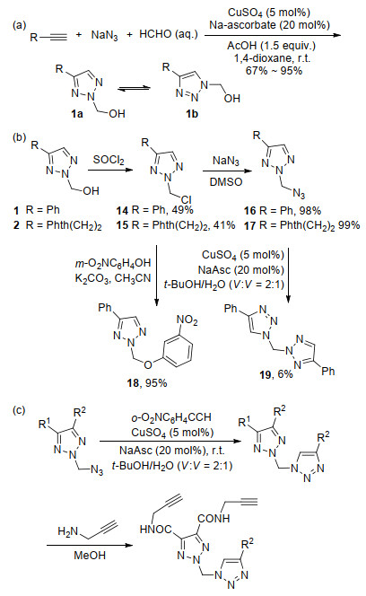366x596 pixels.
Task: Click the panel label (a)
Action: click(20, 25)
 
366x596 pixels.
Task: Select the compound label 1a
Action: click(77, 114)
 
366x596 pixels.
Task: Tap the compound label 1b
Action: click(192, 114)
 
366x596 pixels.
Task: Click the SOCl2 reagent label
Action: click(109, 160)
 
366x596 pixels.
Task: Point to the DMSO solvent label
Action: click(226, 182)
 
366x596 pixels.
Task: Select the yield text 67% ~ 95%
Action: click(274, 70)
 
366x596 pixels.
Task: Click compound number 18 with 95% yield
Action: click(147, 382)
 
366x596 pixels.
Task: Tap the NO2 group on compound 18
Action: click(187, 320)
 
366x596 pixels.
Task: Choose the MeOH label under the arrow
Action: click(90, 556)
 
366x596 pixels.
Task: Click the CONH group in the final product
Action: click(213, 519)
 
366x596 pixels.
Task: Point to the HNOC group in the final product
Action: click(156, 530)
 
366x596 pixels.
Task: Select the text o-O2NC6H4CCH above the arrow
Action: click(171, 417)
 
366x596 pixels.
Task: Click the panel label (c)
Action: click(19, 410)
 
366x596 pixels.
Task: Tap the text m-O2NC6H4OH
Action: click(112, 263)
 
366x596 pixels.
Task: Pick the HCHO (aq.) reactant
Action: click(169, 34)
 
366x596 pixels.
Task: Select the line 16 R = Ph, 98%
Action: click(283, 211)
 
